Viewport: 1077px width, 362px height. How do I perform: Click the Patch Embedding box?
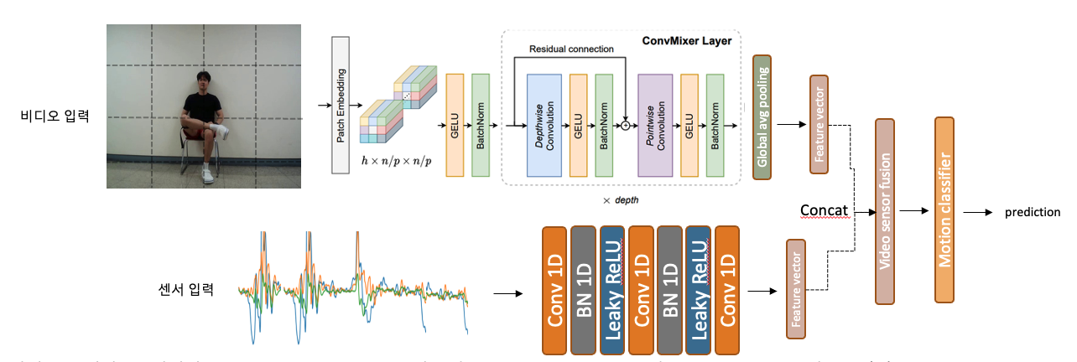point(341,106)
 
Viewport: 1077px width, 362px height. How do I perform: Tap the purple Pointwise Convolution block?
point(655,125)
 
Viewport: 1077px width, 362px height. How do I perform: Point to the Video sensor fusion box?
point(885,211)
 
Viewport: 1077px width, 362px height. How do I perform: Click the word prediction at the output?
point(1033,213)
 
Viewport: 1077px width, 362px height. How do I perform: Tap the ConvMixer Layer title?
point(687,41)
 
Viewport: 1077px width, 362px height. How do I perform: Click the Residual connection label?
point(571,49)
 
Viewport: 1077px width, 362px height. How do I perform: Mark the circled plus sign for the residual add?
point(625,126)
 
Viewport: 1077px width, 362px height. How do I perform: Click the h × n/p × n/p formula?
point(396,160)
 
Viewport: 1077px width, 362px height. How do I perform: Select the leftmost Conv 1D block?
point(554,289)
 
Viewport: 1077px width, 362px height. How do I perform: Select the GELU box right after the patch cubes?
point(455,125)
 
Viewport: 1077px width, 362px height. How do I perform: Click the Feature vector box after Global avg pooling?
point(819,124)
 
